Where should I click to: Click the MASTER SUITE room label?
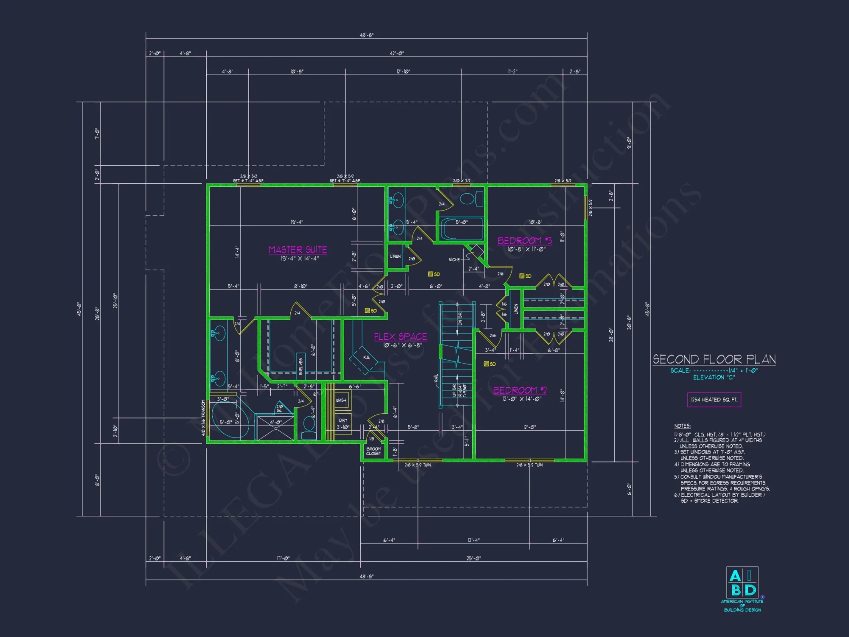(x=298, y=250)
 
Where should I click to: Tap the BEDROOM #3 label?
(x=525, y=241)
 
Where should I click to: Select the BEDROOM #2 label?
(x=520, y=390)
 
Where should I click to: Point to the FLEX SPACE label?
(x=400, y=337)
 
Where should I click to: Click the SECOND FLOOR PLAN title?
(x=714, y=360)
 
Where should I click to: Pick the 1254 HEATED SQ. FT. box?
(x=714, y=400)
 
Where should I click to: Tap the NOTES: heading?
(x=682, y=426)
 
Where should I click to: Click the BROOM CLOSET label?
(x=374, y=451)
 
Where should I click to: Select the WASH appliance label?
(x=341, y=400)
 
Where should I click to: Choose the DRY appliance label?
(x=343, y=420)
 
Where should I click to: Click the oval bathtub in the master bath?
(x=230, y=420)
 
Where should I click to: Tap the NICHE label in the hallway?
(x=454, y=259)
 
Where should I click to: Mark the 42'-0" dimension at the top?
(x=396, y=54)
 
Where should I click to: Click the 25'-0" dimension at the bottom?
(x=474, y=558)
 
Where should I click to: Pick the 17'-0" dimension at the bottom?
(x=283, y=558)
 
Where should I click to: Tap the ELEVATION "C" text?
(x=714, y=377)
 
